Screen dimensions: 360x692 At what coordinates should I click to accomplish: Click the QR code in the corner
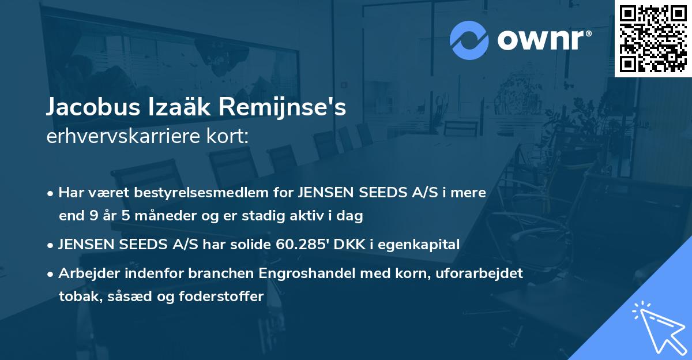point(653,39)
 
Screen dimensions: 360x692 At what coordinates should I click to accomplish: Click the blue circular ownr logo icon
point(470,40)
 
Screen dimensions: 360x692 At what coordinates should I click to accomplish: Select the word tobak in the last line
point(76,297)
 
